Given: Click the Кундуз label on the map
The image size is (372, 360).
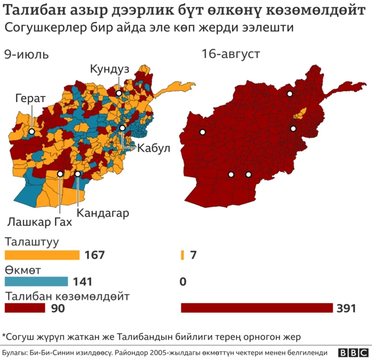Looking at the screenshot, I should [x=109, y=69].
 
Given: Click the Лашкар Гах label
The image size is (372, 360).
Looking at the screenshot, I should [x=40, y=222].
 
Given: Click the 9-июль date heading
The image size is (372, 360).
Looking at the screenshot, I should [x=26, y=55].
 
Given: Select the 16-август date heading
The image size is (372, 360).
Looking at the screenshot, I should [x=231, y=55].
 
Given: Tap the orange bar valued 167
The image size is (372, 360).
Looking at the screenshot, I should [x=42, y=255].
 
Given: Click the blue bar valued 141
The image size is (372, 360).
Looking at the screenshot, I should [x=36, y=282].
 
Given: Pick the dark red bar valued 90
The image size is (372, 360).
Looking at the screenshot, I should [x=25, y=308].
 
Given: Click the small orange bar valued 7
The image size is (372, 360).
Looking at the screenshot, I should [x=183, y=255].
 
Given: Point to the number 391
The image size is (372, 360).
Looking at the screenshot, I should [x=346, y=308].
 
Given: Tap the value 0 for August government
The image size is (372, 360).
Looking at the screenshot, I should [x=183, y=282].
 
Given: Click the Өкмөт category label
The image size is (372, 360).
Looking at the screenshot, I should [x=23, y=269].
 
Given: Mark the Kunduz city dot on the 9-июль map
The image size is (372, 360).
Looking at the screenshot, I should [x=119, y=93].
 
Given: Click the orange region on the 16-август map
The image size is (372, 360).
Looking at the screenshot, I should [x=302, y=113].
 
